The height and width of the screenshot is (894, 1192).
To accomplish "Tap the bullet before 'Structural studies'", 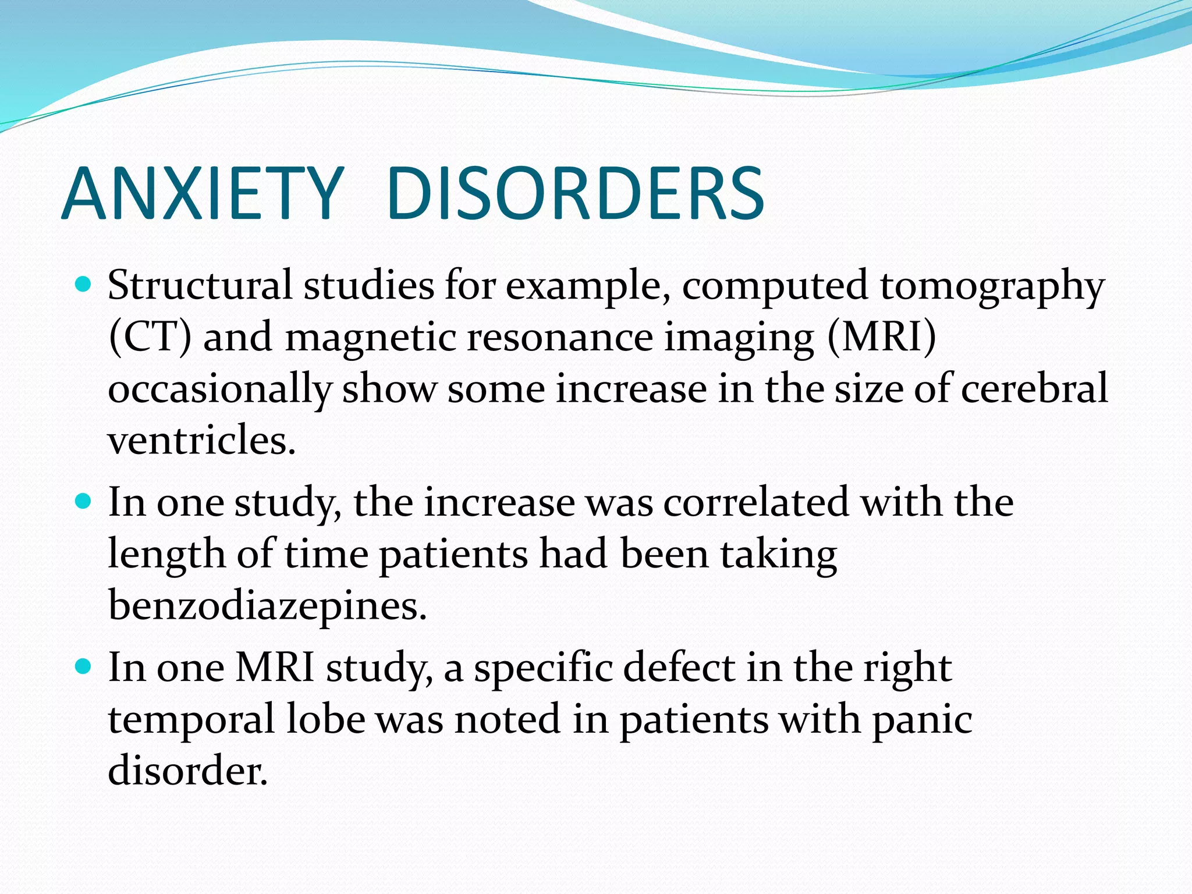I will click(84, 285).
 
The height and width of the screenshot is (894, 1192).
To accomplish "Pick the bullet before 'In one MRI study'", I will click(84, 666).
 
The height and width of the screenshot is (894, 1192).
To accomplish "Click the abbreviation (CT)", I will click(150, 338).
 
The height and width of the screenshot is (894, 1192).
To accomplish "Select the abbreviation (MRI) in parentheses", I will click(881, 338).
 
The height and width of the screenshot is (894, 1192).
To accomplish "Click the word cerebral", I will click(1034, 389).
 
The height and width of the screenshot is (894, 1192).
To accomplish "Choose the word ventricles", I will click(201, 441).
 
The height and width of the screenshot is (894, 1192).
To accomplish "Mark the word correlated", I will click(756, 502).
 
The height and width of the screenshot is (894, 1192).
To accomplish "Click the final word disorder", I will click(187, 770).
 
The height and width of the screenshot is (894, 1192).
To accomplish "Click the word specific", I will click(543, 669).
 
